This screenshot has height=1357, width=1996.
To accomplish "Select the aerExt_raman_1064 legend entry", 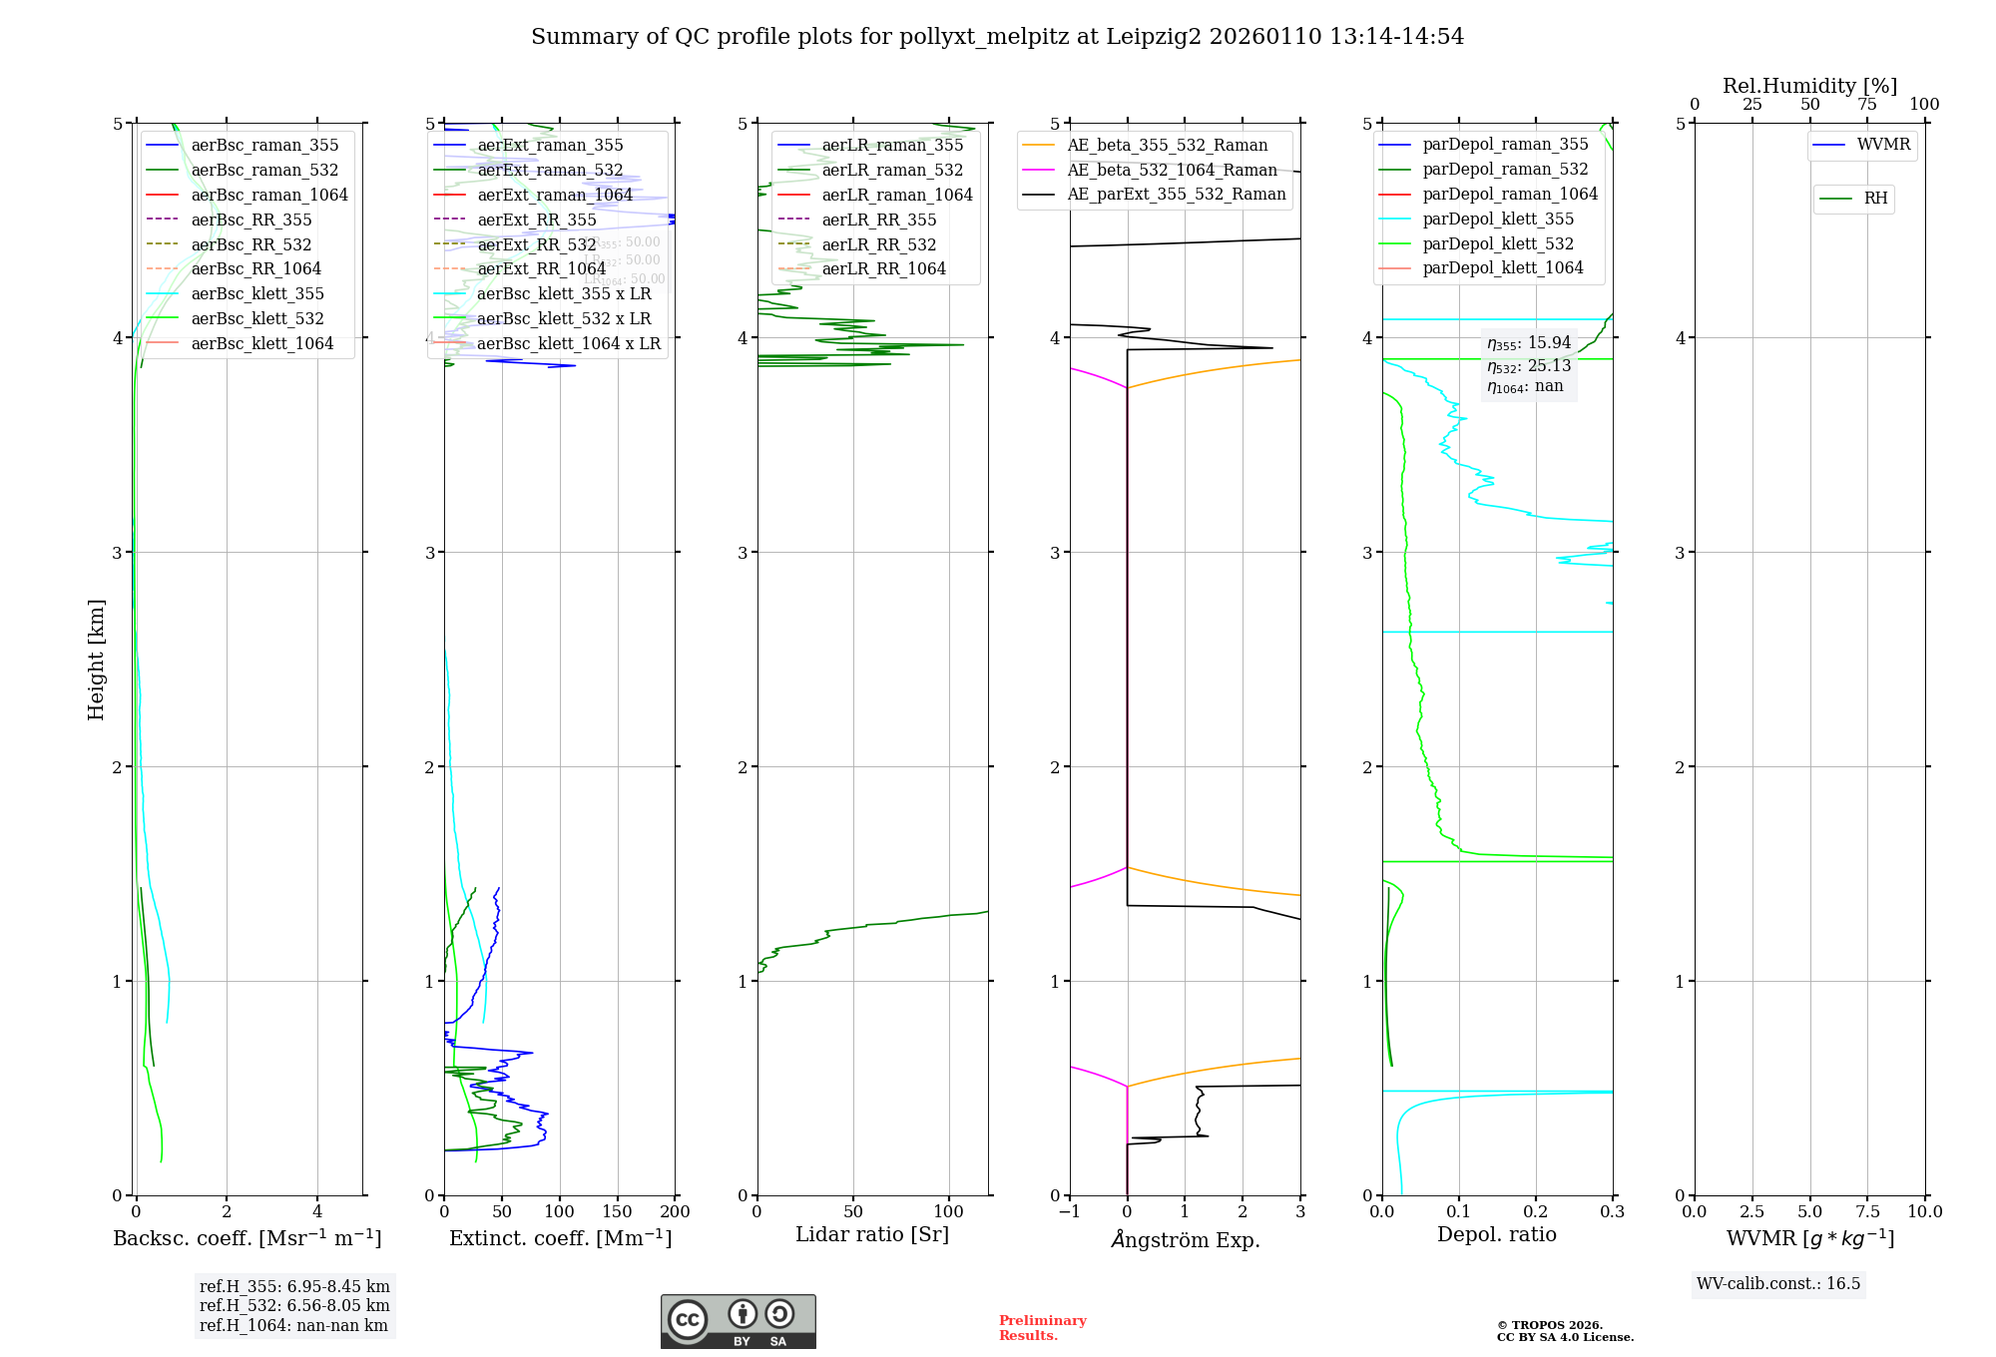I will pos(555,196).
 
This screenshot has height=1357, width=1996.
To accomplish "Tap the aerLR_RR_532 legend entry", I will pos(878,245).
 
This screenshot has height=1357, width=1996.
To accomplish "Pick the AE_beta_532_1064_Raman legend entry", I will pos(1172,171).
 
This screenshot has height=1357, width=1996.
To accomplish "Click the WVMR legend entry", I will pos(1883,145).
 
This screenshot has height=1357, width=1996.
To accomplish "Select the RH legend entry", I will pos(1875,199).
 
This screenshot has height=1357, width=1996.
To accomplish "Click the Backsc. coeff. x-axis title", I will pos(247,1238).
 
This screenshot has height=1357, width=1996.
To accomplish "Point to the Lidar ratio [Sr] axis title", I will pos(871,1235).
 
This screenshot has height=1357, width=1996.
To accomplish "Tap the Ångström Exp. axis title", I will pos(1185,1240).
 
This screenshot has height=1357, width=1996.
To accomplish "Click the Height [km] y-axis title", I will pos(96,659).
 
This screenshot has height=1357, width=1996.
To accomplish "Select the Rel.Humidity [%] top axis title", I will pos(1809,86).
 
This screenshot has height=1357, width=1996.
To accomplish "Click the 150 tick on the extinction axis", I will pos(617,1212).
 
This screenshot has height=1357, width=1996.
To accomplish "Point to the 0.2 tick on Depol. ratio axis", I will pos(1535,1212).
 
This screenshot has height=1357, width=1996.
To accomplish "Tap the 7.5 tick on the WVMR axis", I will pos(1867,1212).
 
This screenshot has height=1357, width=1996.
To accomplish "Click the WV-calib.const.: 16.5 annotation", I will pos(1778,1284).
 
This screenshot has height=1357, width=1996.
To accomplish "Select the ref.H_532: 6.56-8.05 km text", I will pos(294,1306).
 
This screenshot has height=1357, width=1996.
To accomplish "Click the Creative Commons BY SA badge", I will pos(738,1322).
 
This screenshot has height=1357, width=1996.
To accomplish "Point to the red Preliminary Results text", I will pos(1042,1328).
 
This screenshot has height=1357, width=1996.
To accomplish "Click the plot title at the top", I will pos(997,37).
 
